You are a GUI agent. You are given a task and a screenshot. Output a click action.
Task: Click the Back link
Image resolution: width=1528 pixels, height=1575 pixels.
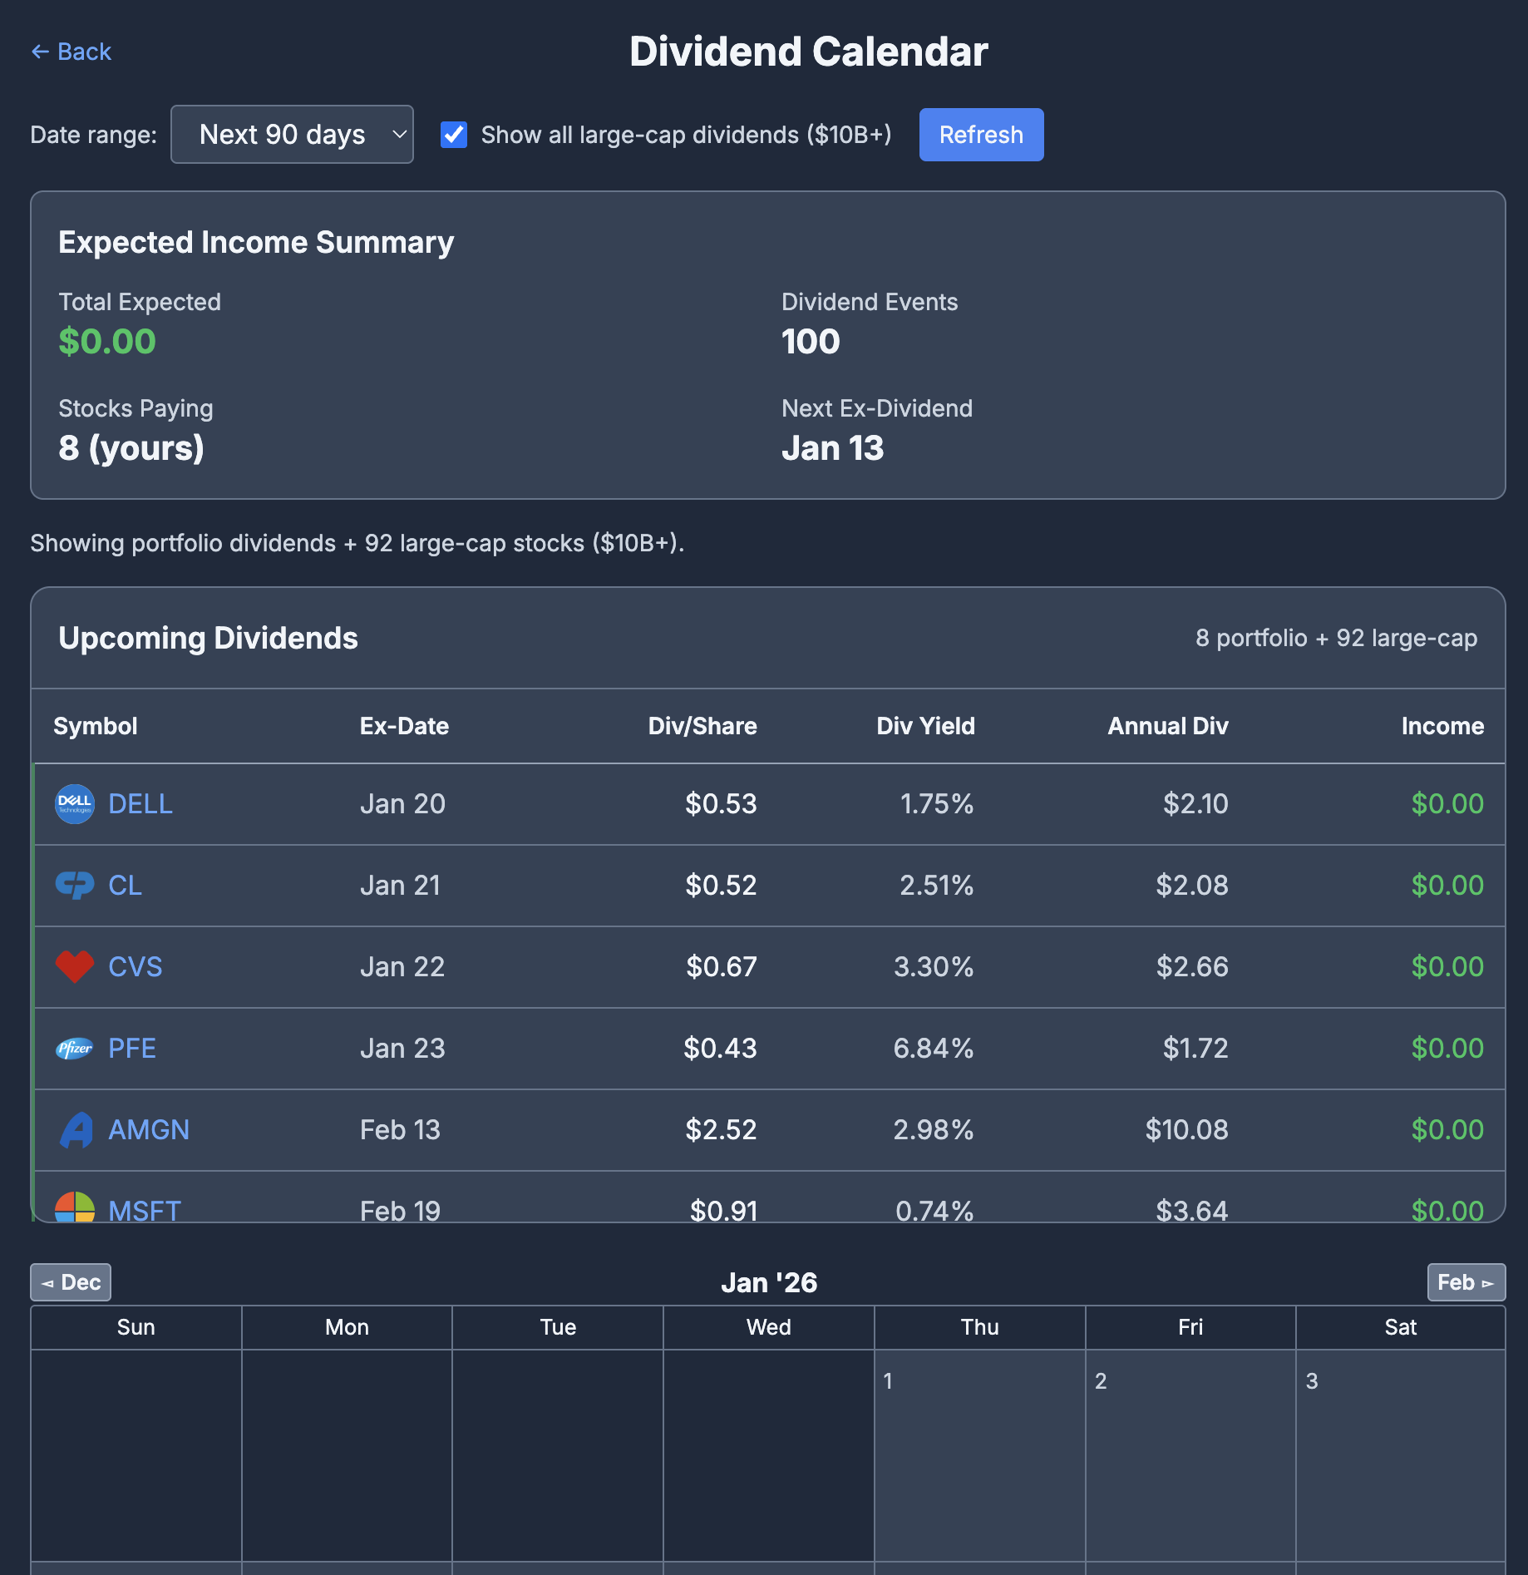pos(71,52)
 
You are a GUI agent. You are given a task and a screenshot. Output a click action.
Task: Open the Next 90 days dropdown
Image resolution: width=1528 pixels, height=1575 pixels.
pos(292,135)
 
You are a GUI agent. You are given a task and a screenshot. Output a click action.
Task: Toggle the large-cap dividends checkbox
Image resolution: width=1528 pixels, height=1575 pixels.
pos(454,135)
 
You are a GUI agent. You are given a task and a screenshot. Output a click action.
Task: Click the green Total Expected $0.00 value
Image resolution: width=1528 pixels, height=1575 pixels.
pos(107,342)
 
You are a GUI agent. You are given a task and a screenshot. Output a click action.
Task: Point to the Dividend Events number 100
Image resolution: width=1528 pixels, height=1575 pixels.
pos(811,342)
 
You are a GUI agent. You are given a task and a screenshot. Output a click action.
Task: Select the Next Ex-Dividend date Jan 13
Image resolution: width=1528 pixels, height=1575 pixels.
pos(832,448)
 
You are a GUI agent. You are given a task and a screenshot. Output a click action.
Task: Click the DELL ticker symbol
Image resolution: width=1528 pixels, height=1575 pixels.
pos(140,804)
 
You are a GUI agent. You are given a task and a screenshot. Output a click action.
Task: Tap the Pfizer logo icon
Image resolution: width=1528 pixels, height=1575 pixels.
pos(75,1049)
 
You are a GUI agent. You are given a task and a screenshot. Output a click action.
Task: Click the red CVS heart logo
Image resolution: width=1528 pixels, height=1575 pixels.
pos(75,966)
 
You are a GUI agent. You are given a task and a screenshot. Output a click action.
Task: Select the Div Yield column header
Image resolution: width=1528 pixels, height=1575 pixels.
pos(925,726)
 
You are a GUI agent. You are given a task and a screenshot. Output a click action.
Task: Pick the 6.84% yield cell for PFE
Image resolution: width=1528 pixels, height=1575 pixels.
pos(933,1049)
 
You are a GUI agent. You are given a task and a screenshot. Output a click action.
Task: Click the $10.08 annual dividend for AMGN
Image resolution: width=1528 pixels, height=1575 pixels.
pos(1186,1130)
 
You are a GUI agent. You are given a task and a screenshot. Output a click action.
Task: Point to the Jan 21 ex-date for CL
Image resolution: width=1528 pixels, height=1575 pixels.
pos(400,886)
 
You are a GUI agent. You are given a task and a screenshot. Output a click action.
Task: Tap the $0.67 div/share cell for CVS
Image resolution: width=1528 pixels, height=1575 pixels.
pos(721,967)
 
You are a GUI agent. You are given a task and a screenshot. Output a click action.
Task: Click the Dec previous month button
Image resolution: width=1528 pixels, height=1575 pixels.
pos(71,1282)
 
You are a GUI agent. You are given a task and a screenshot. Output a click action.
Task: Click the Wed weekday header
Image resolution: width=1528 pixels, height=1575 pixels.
pos(768,1327)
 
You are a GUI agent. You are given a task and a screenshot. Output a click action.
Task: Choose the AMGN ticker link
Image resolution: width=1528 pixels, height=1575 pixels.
pos(149,1130)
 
